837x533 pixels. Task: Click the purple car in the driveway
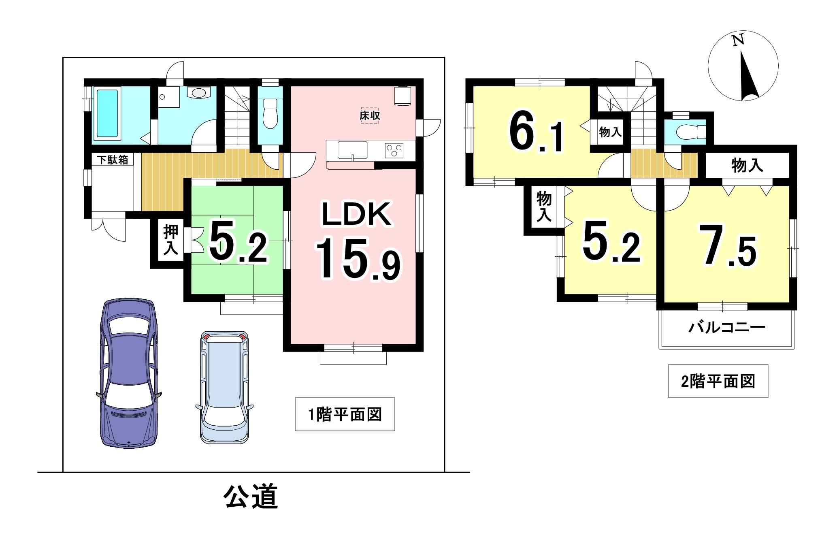pyautogui.click(x=129, y=373)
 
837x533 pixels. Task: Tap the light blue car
pyautogui.click(x=224, y=387)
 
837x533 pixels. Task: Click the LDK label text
pyautogui.click(x=356, y=214)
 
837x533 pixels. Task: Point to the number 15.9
pyautogui.click(x=358, y=259)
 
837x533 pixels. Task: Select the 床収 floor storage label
pyautogui.click(x=370, y=116)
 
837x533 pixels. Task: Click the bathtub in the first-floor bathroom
pyautogui.click(x=107, y=114)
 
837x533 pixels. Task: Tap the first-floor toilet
pyautogui.click(x=270, y=113)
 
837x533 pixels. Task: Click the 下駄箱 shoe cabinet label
pyautogui.click(x=113, y=160)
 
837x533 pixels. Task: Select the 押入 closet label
pyautogui.click(x=170, y=240)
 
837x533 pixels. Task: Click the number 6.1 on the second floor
pyautogui.click(x=536, y=131)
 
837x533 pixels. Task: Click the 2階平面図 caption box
pyautogui.click(x=718, y=381)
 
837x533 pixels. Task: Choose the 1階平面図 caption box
pyautogui.click(x=345, y=414)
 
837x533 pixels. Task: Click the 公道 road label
pyautogui.click(x=251, y=496)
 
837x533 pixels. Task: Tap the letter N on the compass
pyautogui.click(x=738, y=40)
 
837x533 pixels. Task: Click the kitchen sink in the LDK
pyautogui.click(x=353, y=150)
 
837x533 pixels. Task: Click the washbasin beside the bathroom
pyautogui.click(x=199, y=93)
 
